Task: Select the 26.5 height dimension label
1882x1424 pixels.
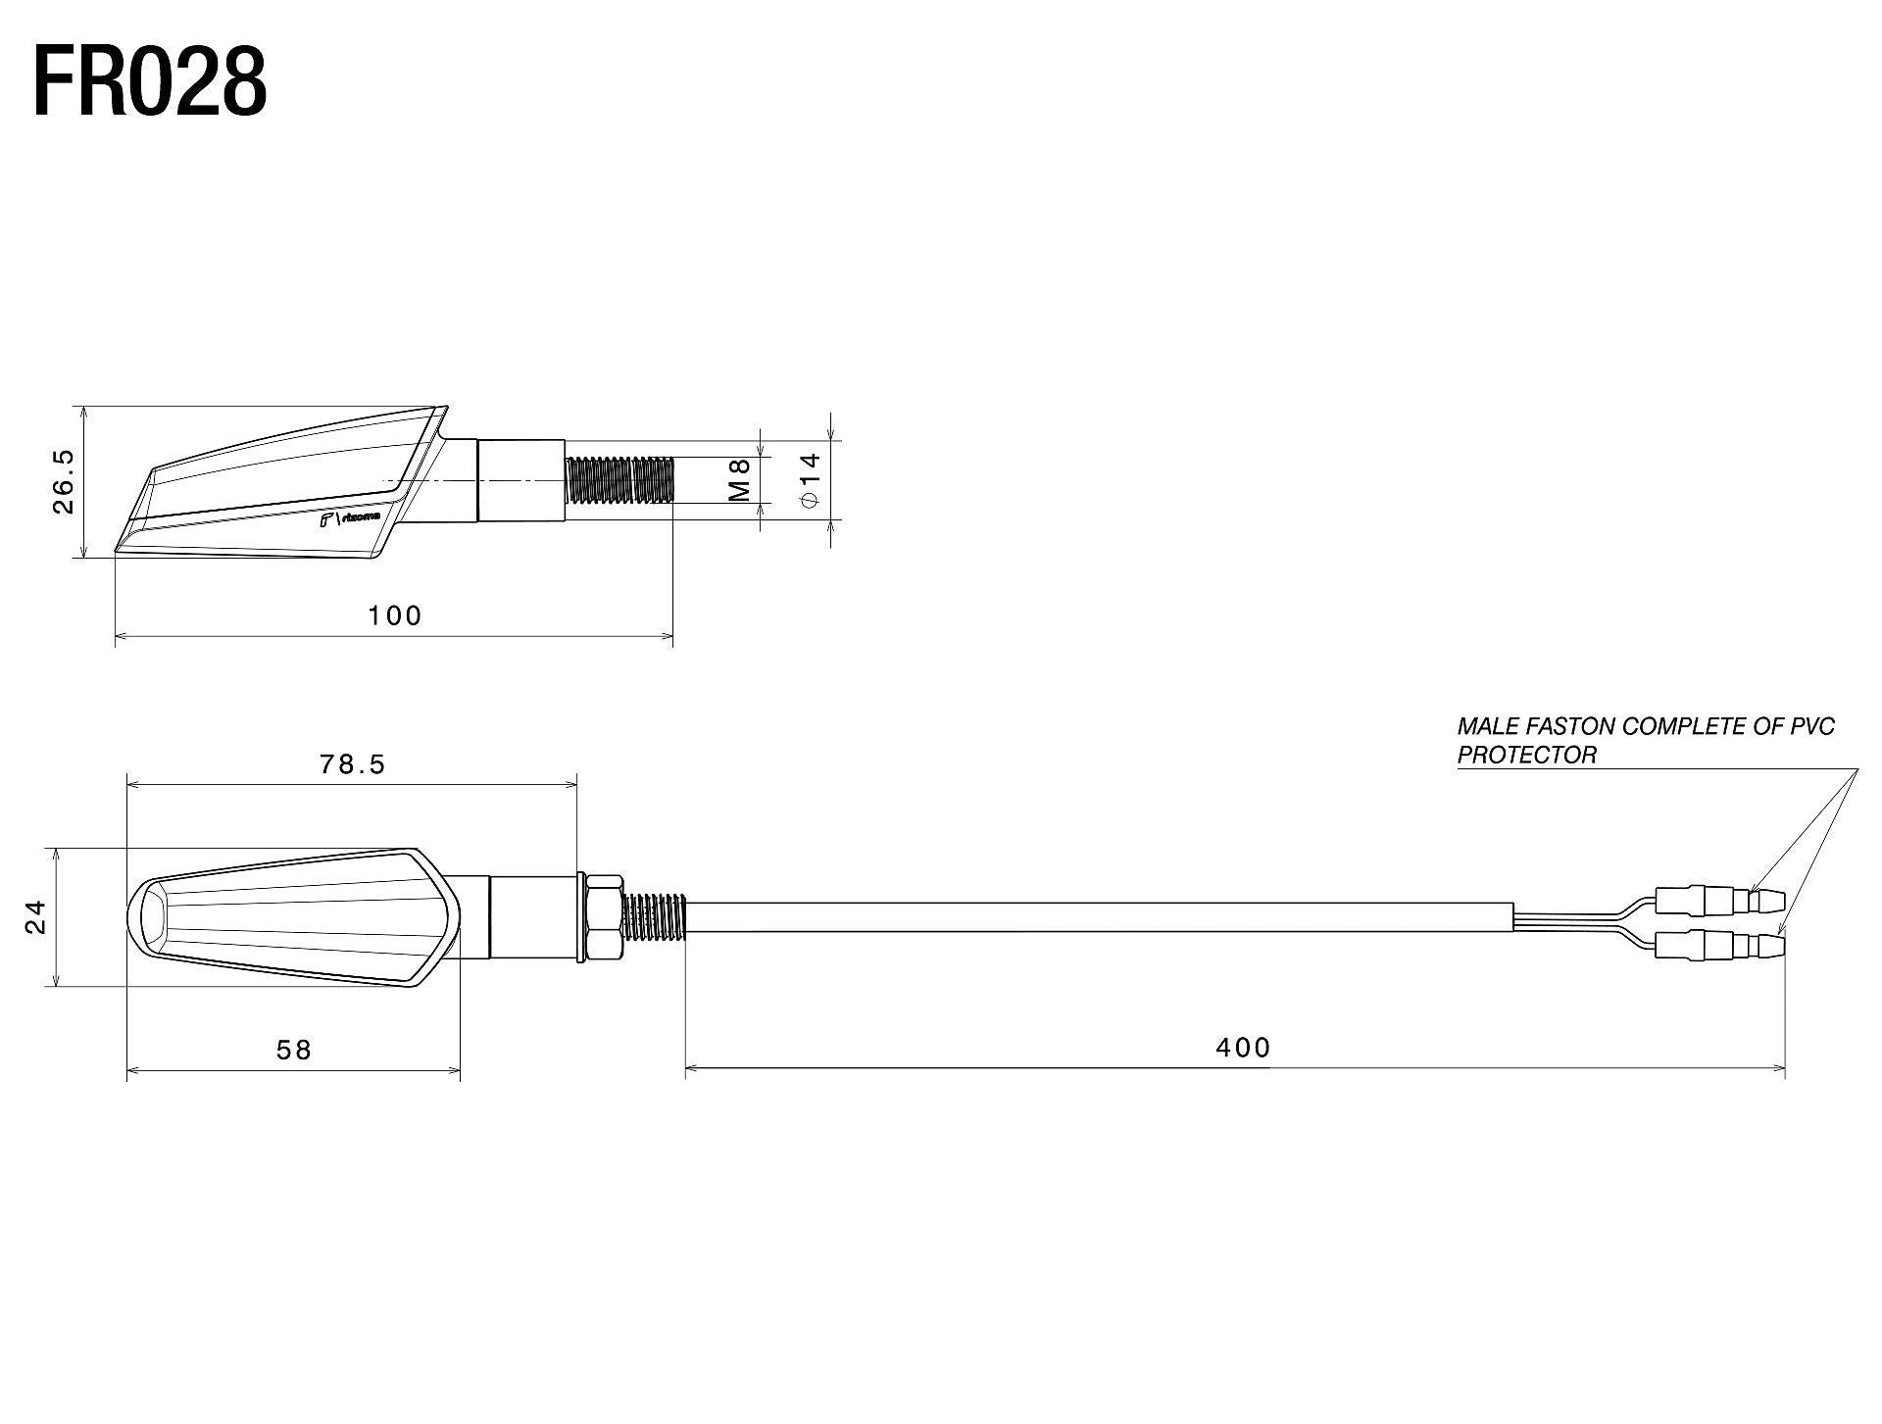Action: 64,481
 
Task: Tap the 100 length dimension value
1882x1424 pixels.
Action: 394,615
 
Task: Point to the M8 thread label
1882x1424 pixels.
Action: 740,480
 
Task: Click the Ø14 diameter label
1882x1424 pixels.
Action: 810,480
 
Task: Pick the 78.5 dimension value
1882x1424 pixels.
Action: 352,764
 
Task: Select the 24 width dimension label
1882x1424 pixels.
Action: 36,917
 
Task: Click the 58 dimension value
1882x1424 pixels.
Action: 293,1051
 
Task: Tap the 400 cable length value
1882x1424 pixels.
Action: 1243,1048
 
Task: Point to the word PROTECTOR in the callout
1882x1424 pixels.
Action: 1526,756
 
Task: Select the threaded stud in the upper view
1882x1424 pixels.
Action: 619,480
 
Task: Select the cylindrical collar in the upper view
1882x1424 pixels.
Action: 520,480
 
